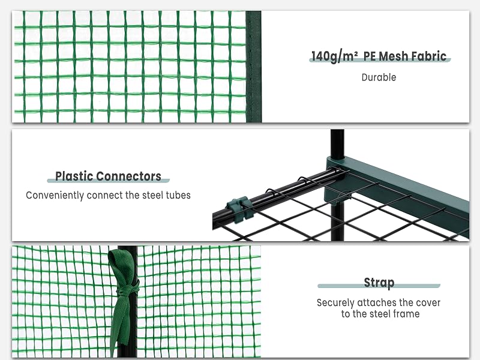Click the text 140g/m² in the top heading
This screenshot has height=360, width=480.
335,56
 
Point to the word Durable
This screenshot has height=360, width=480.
379,77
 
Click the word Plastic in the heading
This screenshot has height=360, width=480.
74,176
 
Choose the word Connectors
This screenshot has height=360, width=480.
129,176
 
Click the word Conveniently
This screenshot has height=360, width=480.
55,196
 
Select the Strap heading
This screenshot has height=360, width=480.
379,283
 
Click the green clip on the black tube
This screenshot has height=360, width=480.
240,208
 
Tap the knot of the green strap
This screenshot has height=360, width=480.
126,291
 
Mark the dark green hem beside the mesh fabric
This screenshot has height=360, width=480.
253,67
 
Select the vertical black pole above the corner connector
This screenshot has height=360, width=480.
337,144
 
